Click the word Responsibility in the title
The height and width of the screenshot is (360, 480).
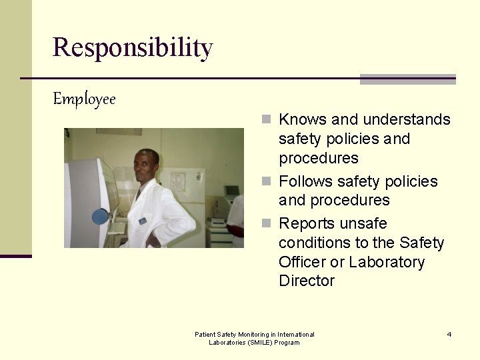point(133,48)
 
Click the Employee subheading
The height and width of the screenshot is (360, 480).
point(85,100)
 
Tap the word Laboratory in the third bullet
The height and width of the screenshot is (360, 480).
point(387,262)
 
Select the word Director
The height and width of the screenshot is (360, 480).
point(307,281)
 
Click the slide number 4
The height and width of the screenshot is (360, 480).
point(449,334)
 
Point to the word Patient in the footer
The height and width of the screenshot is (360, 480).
point(206,335)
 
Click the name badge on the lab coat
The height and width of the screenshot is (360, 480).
point(143,221)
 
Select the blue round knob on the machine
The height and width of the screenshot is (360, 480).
point(100,217)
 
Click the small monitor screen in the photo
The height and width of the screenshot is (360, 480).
point(231,191)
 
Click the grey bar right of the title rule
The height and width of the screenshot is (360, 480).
point(407,79)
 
